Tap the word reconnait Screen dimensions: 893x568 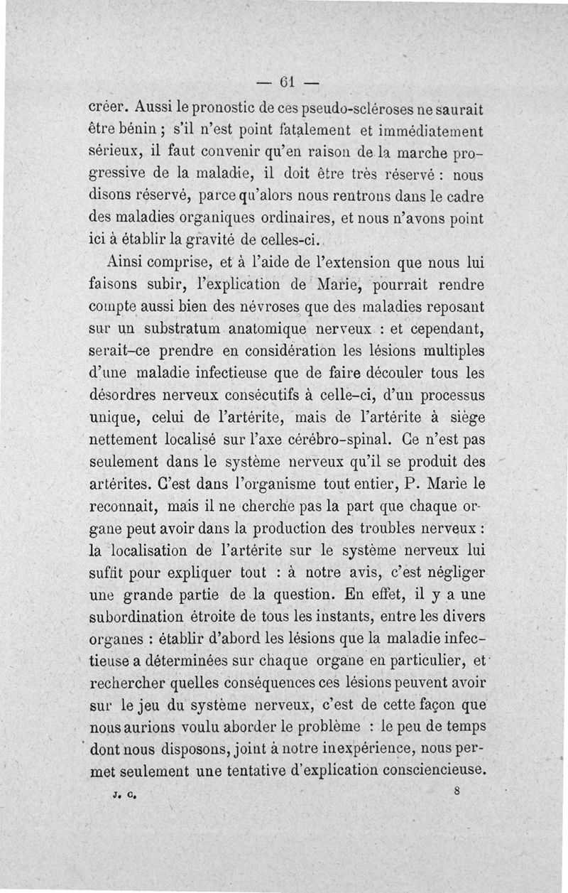(x=121, y=507)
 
